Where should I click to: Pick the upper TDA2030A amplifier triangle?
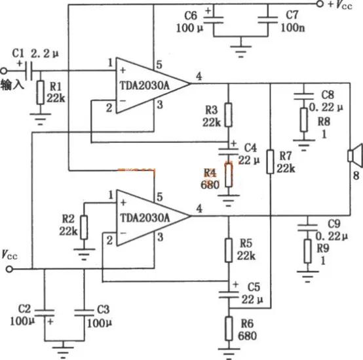[x=150, y=83]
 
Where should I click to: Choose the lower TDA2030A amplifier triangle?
[x=150, y=216]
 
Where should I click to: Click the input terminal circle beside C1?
[x=4, y=70]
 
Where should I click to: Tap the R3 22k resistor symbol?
[x=227, y=114]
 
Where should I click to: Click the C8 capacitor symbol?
[x=303, y=96]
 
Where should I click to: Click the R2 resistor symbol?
[x=84, y=224]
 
